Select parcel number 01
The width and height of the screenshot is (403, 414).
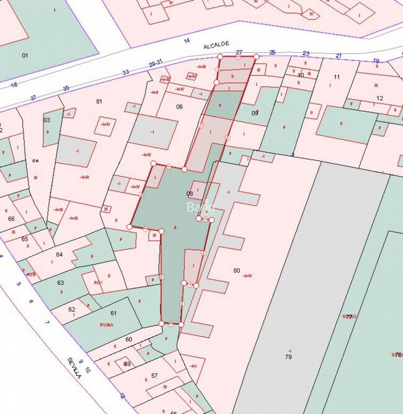click(25, 56)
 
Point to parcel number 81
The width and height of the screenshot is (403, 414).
click(99, 101)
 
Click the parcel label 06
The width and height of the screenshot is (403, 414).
click(180, 107)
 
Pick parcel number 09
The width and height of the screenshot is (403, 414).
click(254, 113)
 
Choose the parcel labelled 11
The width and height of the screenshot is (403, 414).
click(337, 77)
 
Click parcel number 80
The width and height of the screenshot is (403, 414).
click(236, 270)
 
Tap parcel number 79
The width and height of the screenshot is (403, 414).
click(288, 357)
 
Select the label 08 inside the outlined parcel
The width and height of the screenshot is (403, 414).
click(190, 194)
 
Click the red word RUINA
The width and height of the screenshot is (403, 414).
click(107, 325)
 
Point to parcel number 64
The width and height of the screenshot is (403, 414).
click(60, 255)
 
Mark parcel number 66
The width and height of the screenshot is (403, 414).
click(11, 219)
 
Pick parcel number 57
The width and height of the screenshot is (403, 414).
click(154, 376)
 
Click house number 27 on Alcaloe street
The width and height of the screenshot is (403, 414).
click(239, 53)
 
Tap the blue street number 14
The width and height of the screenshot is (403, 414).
click(187, 41)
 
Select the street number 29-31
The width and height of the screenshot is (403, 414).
click(156, 63)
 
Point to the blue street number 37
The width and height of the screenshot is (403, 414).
click(33, 98)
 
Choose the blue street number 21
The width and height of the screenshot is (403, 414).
click(339, 56)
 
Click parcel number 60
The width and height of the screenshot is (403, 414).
click(128, 339)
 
